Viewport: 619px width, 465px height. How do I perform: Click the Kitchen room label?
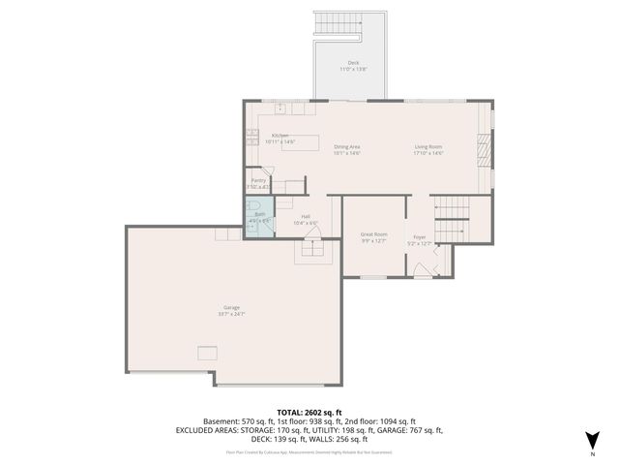point(280,136)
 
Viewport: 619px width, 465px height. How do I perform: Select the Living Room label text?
point(429,147)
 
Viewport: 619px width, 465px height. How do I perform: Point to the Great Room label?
point(373,234)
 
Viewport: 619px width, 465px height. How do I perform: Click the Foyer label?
point(420,236)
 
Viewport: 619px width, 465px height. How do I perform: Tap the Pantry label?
point(258,180)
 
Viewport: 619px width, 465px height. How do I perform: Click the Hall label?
point(306,216)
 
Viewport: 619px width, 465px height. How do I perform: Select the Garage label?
point(232,308)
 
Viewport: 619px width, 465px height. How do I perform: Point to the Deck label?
point(352,63)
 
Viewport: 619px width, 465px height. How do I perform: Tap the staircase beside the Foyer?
point(451,220)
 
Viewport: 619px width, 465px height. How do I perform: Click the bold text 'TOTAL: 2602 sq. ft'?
point(309,412)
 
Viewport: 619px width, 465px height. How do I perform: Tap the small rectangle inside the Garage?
point(208,352)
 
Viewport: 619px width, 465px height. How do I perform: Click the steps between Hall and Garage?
point(312,248)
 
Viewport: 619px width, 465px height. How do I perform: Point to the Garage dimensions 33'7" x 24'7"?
point(232,314)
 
